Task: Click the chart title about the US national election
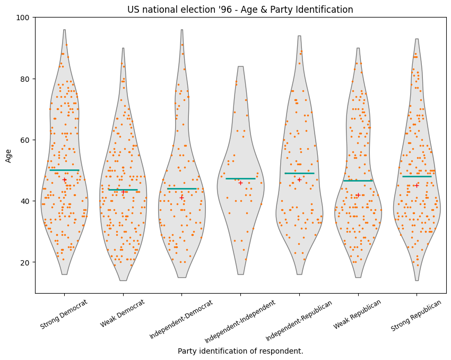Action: (x=240, y=10)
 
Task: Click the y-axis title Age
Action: (x=8, y=155)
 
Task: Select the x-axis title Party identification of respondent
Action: (x=240, y=351)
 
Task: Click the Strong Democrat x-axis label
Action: (x=64, y=314)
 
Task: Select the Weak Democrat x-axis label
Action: (x=123, y=313)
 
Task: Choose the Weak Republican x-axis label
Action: (x=358, y=314)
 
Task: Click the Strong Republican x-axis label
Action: (x=416, y=315)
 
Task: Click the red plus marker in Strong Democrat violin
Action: (x=64, y=180)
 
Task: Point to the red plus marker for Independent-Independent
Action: (x=240, y=183)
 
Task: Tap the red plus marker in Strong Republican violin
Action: (x=417, y=186)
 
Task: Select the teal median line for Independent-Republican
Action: (x=299, y=173)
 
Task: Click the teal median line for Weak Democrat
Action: (x=123, y=190)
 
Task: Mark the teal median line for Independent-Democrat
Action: (x=182, y=188)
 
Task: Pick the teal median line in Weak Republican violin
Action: (x=358, y=181)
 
